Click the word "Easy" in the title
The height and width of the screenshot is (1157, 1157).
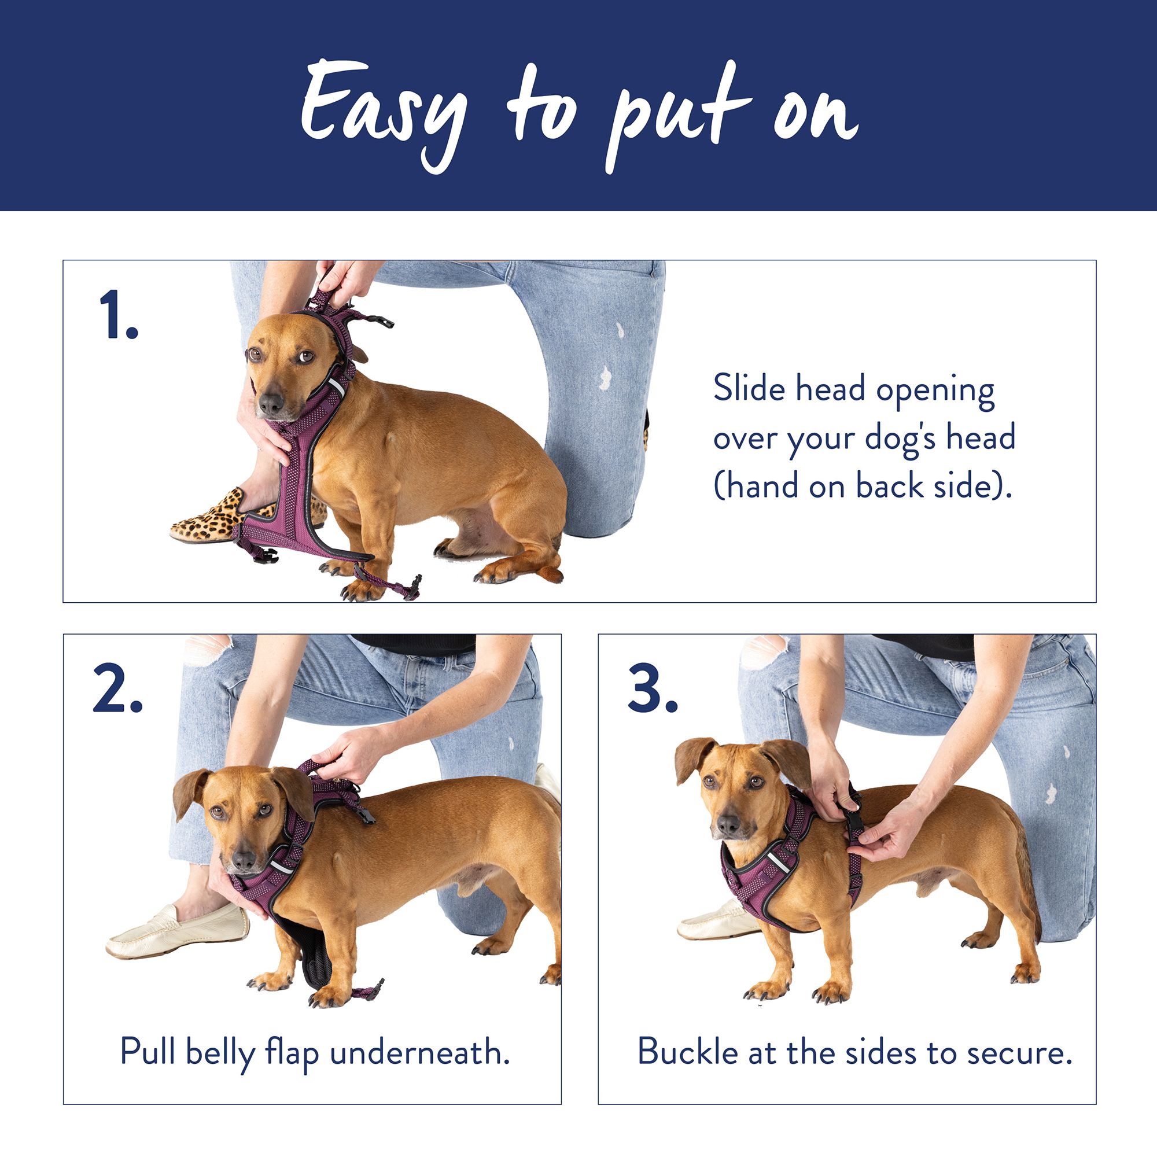point(384,115)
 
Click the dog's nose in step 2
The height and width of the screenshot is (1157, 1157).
point(243,860)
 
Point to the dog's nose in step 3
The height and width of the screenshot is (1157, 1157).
point(728,827)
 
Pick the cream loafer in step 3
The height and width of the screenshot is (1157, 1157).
point(718,920)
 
